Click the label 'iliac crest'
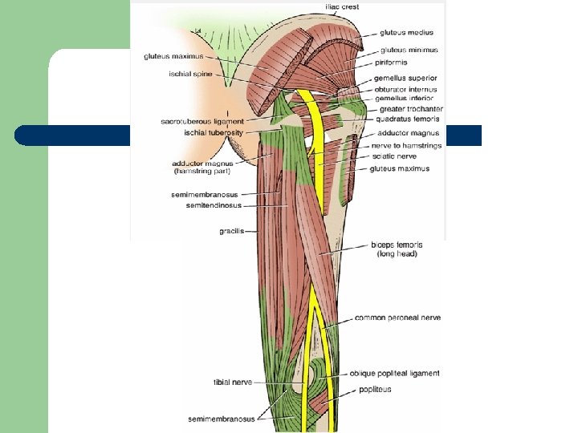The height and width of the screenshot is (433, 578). [x=342, y=6]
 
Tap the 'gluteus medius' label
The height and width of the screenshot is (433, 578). [x=407, y=33]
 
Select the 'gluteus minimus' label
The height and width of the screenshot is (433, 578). [x=409, y=50]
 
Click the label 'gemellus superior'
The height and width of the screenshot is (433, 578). [x=406, y=79]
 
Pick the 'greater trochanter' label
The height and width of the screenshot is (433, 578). [x=410, y=109]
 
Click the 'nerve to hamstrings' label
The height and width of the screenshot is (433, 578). [x=405, y=145]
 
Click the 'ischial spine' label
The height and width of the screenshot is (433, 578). [x=189, y=74]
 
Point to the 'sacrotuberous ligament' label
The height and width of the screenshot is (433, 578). [x=201, y=121]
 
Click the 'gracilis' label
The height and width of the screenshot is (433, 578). [x=231, y=231]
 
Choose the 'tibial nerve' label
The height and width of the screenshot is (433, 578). [x=233, y=382]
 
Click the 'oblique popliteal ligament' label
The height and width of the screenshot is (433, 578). [x=394, y=374]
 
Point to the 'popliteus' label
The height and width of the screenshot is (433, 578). [x=376, y=390]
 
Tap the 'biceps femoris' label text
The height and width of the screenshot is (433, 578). [x=397, y=245]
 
